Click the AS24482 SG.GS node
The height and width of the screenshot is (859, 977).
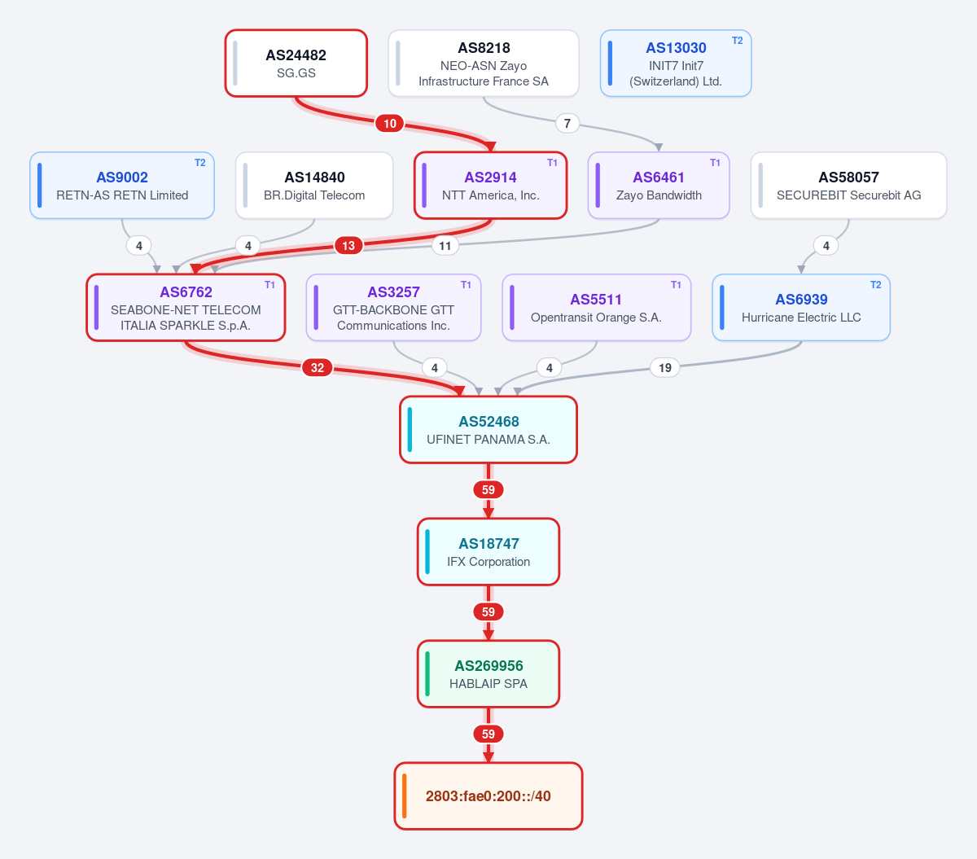click(296, 64)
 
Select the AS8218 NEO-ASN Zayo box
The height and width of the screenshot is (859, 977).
click(483, 64)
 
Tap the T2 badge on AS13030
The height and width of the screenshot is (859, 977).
click(737, 41)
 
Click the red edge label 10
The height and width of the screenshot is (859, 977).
click(390, 124)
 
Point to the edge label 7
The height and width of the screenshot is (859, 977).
click(567, 124)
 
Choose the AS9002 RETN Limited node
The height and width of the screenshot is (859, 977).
click(122, 186)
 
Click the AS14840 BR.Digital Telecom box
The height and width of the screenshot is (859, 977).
click(314, 186)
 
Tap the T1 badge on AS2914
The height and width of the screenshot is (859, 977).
click(552, 163)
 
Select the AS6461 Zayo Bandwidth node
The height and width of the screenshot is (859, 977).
click(659, 186)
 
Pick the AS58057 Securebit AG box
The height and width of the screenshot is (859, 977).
click(848, 186)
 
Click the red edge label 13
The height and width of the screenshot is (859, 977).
click(348, 246)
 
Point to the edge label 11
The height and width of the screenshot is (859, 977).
click(445, 246)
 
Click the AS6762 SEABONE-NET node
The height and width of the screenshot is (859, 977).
click(186, 308)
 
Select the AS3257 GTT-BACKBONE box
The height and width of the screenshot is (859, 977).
click(393, 308)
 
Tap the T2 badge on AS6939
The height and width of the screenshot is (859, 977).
click(876, 285)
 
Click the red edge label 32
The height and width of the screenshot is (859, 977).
click(318, 367)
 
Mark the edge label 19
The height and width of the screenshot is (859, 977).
click(665, 368)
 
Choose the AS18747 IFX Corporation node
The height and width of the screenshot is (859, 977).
click(488, 552)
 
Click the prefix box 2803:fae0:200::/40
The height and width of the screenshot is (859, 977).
click(488, 795)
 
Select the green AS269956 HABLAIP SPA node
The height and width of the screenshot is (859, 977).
click(488, 674)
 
